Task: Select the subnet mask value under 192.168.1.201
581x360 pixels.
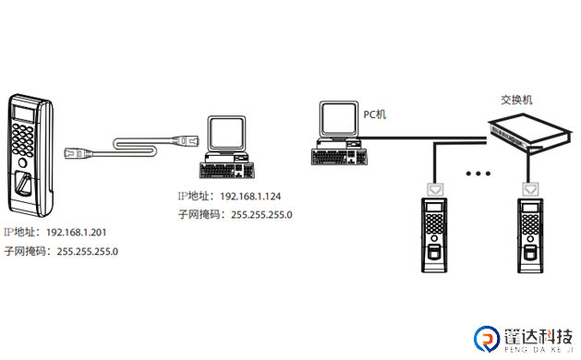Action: pyautogui.click(x=88, y=251)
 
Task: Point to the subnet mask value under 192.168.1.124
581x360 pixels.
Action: pyautogui.click(x=261, y=215)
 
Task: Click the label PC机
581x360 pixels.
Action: pyautogui.click(x=375, y=113)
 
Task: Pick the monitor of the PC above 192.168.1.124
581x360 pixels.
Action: pyautogui.click(x=226, y=135)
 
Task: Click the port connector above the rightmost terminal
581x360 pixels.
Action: pyautogui.click(x=531, y=188)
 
